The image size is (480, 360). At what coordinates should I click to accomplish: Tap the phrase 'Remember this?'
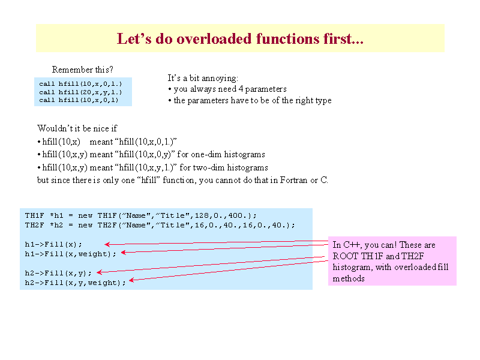[83, 70]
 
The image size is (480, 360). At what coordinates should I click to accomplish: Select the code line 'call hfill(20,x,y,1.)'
[80, 92]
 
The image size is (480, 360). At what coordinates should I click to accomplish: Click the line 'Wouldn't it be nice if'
[77, 128]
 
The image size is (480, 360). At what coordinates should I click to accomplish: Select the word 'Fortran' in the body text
[293, 180]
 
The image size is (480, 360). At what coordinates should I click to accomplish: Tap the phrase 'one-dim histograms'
[228, 154]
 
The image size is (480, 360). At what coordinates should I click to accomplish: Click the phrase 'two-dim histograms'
[230, 167]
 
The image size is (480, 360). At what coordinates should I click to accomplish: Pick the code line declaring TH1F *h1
[141, 215]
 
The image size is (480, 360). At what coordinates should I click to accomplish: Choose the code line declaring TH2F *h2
[160, 226]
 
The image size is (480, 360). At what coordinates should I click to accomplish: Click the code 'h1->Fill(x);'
[53, 244]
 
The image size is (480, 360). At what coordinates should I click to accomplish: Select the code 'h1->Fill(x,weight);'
[71, 254]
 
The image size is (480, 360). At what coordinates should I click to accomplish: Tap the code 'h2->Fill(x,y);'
[58, 273]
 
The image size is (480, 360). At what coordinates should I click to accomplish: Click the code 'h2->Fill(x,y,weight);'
[76, 283]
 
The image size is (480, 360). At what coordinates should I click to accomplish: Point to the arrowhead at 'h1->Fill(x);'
[107, 244]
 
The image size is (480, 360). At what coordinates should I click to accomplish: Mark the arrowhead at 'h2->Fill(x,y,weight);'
[131, 280]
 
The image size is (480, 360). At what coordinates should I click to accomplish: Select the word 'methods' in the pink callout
[349, 278]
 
